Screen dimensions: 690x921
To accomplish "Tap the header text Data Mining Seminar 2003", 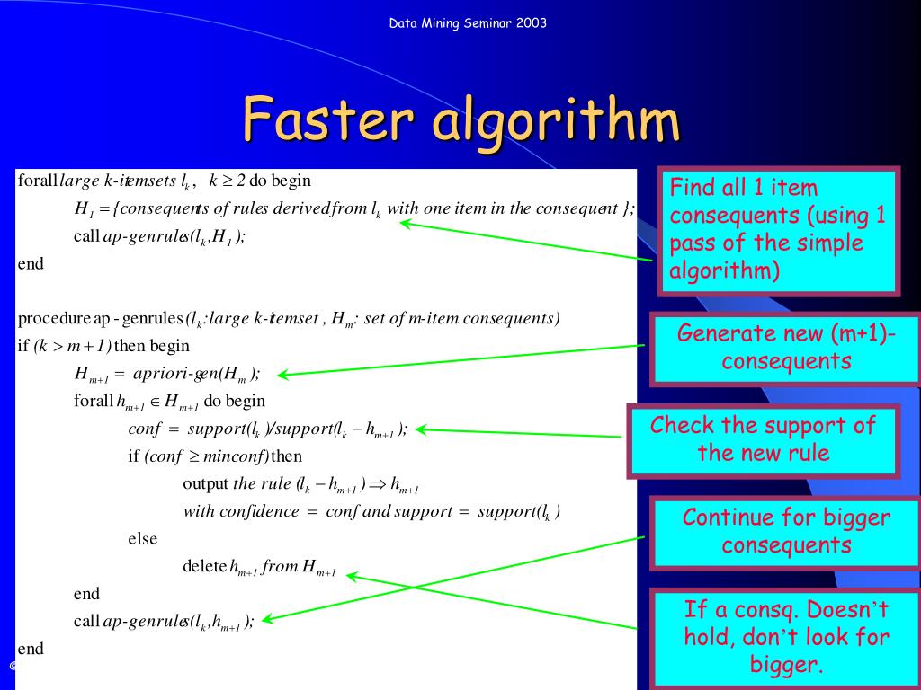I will coord(467,22).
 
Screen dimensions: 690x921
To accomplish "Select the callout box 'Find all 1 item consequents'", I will coord(779,230).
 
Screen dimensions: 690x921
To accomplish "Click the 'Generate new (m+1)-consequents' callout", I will coord(785,348).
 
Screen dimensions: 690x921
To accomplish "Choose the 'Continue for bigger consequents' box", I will coord(785,531).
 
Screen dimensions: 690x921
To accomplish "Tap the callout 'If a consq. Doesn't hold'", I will coord(785,637).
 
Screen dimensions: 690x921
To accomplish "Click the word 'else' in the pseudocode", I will coord(142,539).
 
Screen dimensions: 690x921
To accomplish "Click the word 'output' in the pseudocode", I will coord(205,483).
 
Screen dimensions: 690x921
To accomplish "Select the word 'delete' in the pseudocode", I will coord(204,567).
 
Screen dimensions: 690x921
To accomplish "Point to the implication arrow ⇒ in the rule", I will coord(377,484).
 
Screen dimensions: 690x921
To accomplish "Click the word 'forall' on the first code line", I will coord(37,181).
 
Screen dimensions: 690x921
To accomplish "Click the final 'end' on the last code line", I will coord(30,649).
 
